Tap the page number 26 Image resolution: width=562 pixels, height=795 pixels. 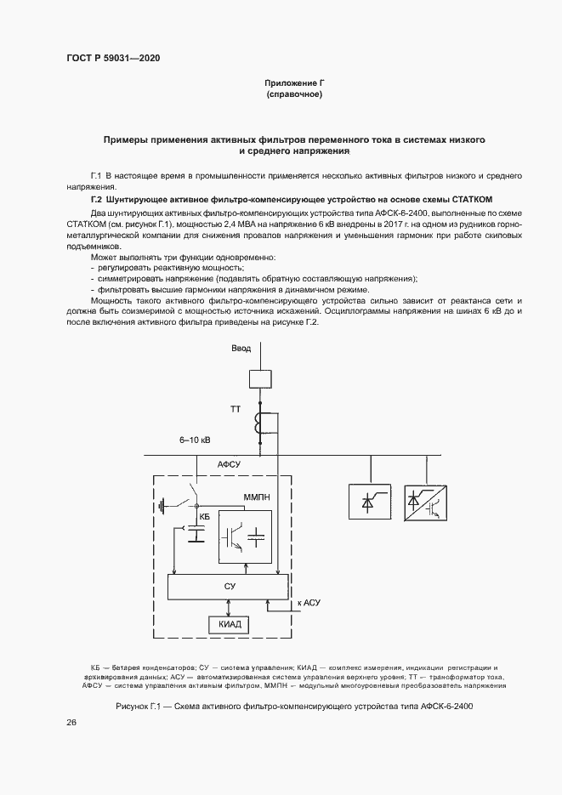tap(71, 723)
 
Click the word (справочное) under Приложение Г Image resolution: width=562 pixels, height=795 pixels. tap(293, 94)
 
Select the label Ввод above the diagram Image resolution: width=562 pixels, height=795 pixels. tap(241, 349)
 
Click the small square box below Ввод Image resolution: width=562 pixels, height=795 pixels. tap(259, 379)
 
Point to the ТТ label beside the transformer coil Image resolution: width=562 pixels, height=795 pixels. tap(236, 410)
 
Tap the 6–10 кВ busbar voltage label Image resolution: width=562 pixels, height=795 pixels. tap(195, 440)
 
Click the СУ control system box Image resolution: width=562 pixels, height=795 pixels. tap(229, 586)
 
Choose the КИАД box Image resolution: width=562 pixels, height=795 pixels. tap(229, 624)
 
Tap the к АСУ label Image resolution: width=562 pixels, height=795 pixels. tap(309, 603)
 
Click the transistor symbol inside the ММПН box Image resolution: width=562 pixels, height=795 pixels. tap(233, 536)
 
